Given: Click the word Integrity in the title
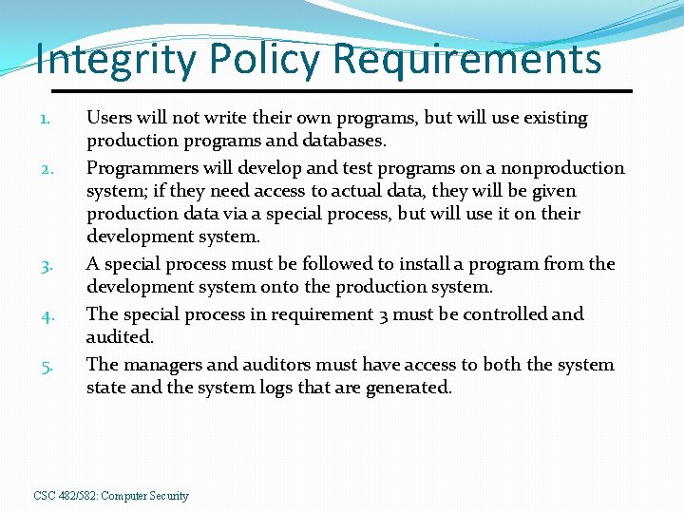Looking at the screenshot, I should click(116, 61).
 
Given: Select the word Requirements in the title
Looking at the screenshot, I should click(466, 59).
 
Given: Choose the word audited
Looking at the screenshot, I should click(120, 337).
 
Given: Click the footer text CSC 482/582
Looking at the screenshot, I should click(65, 496).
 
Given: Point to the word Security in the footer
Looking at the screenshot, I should click(167, 496).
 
